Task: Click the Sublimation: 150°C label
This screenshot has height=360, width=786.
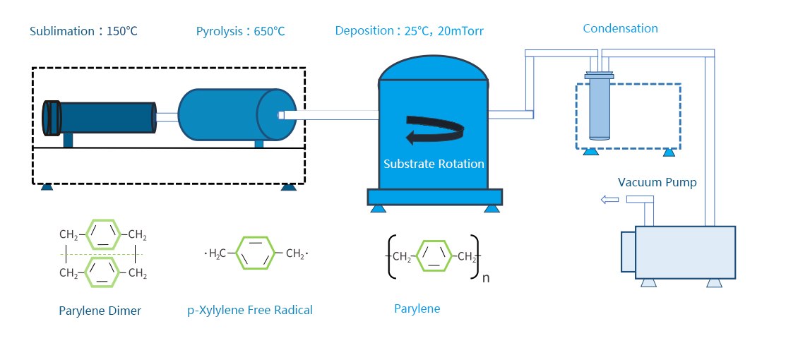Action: [x=83, y=32]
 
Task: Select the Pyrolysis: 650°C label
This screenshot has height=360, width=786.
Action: [x=241, y=32]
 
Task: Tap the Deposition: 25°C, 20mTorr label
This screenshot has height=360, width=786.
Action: [x=409, y=31]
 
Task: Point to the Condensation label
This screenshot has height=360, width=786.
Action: [x=620, y=29]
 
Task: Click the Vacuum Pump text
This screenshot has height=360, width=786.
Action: [x=657, y=182]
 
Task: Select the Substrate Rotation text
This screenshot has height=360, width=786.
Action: [x=434, y=164]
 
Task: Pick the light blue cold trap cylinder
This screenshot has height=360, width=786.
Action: [x=599, y=109]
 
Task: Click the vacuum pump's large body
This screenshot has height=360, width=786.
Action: [x=685, y=251]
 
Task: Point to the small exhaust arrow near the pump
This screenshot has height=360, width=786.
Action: [x=609, y=200]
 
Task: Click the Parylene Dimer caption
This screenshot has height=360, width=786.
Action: [x=100, y=311]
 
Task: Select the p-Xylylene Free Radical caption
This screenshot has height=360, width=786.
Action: [x=249, y=310]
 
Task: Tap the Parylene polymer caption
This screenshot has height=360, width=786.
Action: [x=417, y=309]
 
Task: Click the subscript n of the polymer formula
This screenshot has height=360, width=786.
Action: [x=485, y=277]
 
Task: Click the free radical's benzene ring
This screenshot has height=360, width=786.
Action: [x=255, y=253]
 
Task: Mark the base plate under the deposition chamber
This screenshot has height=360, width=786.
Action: [x=434, y=196]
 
